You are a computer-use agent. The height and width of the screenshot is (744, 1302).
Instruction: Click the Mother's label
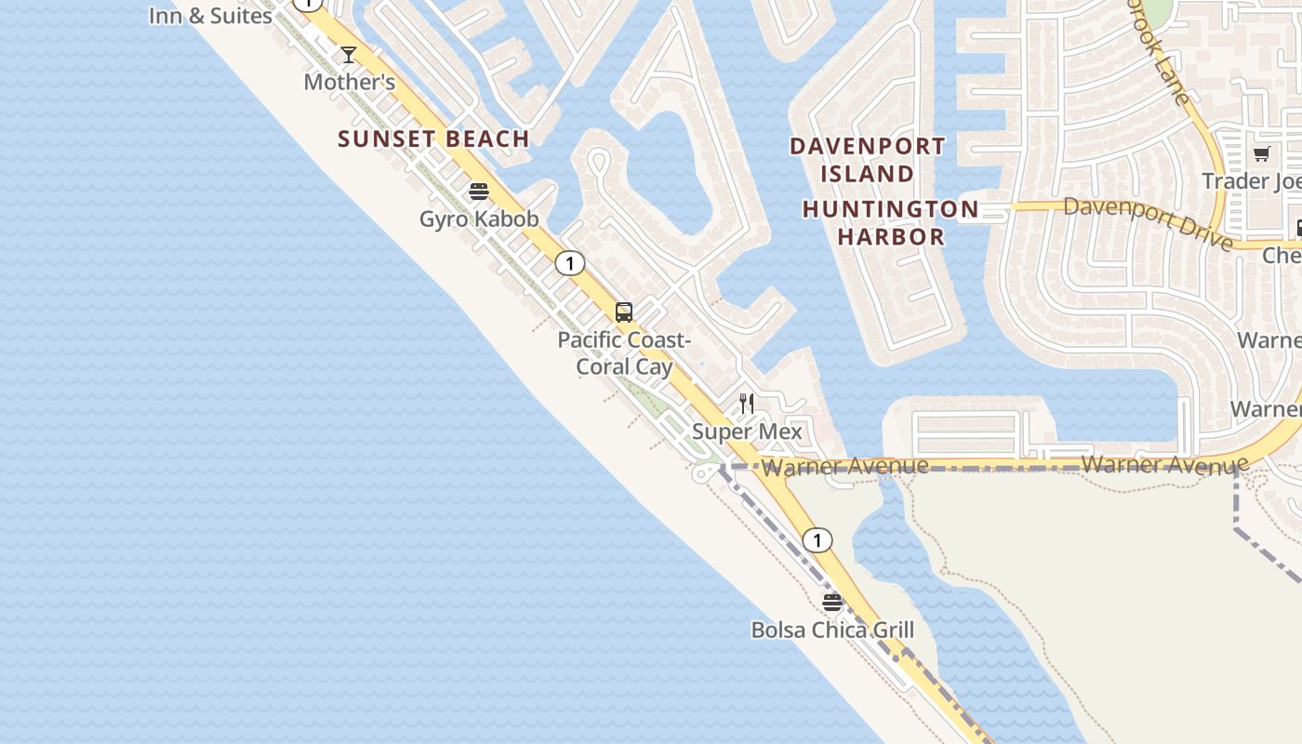pyautogui.click(x=350, y=82)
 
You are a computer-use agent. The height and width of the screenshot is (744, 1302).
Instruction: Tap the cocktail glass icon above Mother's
pyautogui.click(x=349, y=55)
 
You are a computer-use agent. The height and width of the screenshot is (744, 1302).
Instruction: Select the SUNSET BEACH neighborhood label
pyautogui.click(x=433, y=139)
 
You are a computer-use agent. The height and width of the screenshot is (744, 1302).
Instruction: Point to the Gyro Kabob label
pyautogui.click(x=479, y=219)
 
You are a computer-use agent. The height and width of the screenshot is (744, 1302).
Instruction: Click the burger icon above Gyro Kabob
pyautogui.click(x=479, y=192)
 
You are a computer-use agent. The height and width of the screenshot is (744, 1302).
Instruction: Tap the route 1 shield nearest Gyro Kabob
pyautogui.click(x=569, y=263)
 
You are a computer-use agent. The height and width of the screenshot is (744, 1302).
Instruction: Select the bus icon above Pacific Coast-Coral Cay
pyautogui.click(x=624, y=312)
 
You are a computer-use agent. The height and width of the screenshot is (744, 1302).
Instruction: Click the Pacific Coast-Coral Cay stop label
pyautogui.click(x=624, y=353)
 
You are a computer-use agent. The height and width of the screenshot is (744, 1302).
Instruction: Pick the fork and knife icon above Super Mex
pyautogui.click(x=747, y=404)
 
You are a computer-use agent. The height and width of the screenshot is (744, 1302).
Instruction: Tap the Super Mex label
pyautogui.click(x=747, y=432)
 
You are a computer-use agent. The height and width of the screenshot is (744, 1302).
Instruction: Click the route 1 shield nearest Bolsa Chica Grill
pyautogui.click(x=817, y=539)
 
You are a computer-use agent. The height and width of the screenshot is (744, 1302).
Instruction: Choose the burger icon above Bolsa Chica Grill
pyautogui.click(x=832, y=603)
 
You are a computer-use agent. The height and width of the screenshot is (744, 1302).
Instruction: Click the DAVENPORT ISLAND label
pyautogui.click(x=867, y=160)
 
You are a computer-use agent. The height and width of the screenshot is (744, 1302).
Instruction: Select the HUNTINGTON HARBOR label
pyautogui.click(x=891, y=222)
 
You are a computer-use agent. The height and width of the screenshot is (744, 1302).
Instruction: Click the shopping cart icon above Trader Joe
pyautogui.click(x=1262, y=153)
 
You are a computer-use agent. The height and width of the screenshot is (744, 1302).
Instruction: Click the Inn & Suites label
pyautogui.click(x=210, y=16)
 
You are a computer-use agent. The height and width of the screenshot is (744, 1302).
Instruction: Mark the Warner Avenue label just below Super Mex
pyautogui.click(x=844, y=466)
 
